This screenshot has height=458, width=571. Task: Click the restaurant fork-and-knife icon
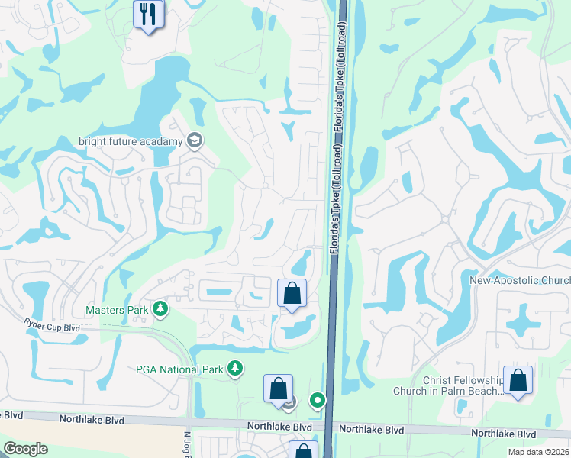click(148, 13)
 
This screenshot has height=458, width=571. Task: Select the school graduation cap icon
click(195, 140)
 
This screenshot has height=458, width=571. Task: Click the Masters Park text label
click(117, 310)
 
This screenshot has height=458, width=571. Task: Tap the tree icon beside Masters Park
click(160, 308)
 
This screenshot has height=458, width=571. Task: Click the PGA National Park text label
click(179, 370)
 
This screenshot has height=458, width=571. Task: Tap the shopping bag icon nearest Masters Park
click(292, 292)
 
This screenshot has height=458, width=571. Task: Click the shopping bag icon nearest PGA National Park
click(279, 387)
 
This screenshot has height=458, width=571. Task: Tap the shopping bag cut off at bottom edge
click(302, 450)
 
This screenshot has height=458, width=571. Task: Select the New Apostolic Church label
click(519, 281)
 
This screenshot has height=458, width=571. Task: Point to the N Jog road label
click(186, 443)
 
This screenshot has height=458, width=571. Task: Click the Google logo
click(25, 449)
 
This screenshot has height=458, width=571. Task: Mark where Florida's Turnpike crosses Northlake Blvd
click(330, 426)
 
